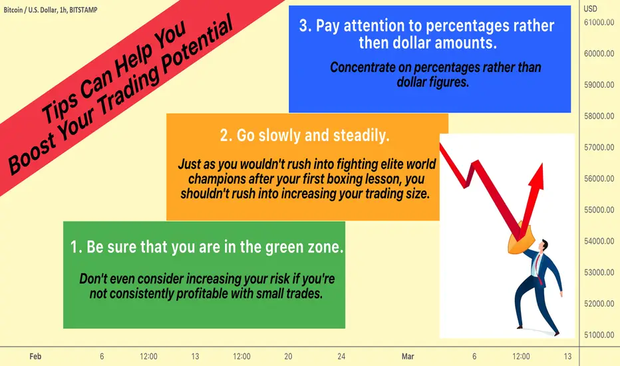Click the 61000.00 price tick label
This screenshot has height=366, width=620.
pyautogui.click(x=599, y=22)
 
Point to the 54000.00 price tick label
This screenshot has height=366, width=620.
pyautogui.click(x=599, y=241)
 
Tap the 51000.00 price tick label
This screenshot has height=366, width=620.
pyautogui.click(x=599, y=335)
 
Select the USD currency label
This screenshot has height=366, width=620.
pyautogui.click(x=590, y=9)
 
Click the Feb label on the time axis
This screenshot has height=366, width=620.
pyautogui.click(x=35, y=357)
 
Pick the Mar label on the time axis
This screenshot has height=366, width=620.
pyautogui.click(x=408, y=357)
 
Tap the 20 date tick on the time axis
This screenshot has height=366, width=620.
pyautogui.click(x=288, y=357)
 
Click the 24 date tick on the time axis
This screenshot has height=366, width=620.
pyautogui.click(x=341, y=357)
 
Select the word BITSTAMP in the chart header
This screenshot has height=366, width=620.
pyautogui.click(x=83, y=10)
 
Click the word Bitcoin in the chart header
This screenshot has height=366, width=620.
pyautogui.click(x=13, y=10)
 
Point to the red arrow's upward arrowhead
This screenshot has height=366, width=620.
pyautogui.click(x=537, y=176)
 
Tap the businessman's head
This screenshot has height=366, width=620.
pyautogui.click(x=544, y=245)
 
